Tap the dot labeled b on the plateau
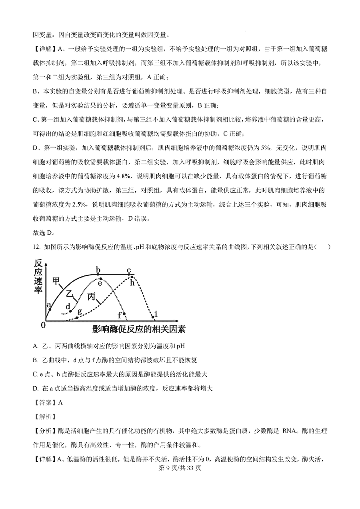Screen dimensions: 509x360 (98, 274)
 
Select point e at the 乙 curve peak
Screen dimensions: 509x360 (100, 279)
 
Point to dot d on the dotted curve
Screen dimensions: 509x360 (71, 311)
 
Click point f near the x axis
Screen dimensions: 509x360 (124, 313)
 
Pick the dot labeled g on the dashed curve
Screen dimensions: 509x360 (77, 319)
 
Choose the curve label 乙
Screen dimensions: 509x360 (70, 294)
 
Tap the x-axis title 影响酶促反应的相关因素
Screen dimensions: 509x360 (138, 329)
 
